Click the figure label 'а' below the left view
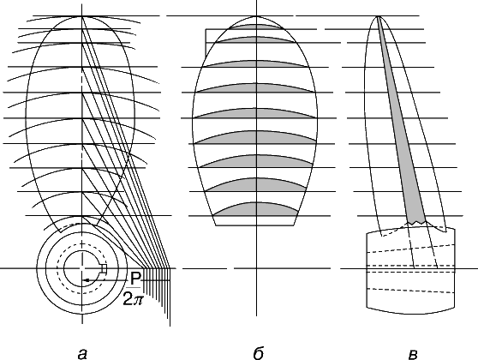click(82, 354)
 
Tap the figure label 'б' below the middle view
click(258, 353)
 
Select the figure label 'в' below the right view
click(412, 355)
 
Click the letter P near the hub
click(135, 279)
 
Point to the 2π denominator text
click(133, 299)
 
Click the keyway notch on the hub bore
click(105, 269)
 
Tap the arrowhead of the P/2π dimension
click(87, 279)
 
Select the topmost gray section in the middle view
click(257, 27)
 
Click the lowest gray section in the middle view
click(255, 209)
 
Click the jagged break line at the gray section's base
click(417, 223)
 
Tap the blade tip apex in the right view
click(378, 16)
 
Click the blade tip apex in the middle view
click(256, 16)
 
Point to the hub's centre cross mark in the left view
click(82, 268)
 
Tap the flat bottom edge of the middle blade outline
click(255, 225)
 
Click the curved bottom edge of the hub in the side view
click(410, 312)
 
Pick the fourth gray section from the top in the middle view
click(255, 88)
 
